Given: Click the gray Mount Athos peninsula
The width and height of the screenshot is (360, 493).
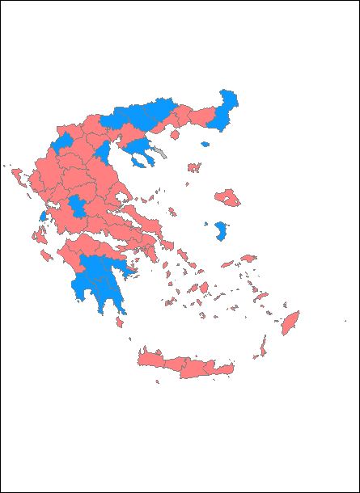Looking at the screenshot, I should tap(164, 151).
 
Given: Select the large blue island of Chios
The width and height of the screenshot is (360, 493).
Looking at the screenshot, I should tap(219, 233).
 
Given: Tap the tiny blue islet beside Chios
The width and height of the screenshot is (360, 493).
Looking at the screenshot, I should tap(206, 225).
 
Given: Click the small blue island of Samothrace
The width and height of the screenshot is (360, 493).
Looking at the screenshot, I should tap(205, 145).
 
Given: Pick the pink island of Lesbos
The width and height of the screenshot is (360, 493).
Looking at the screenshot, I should tap(227, 198).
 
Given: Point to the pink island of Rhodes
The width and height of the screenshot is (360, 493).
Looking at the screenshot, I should tap(290, 322).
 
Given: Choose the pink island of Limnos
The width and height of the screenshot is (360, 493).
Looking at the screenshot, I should tap(193, 168).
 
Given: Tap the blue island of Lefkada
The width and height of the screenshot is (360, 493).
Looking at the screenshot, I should tap(42, 217).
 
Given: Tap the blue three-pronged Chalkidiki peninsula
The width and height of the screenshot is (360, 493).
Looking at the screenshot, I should tap(142, 149).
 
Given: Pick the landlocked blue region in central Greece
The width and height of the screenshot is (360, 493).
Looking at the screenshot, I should tap(78, 206).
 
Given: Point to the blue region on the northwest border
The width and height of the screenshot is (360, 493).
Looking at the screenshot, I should tap(63, 144).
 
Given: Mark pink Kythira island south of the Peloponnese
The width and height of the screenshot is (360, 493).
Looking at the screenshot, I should tap(120, 322).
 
